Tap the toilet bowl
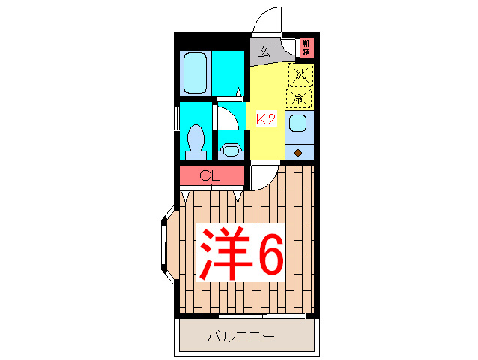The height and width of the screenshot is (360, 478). coord(196,140)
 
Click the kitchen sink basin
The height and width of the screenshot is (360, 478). coord(297,124)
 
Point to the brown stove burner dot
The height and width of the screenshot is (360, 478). coord(298,152)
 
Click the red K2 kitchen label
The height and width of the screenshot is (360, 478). coord(267,118)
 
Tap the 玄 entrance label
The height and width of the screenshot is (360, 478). coord(264,51)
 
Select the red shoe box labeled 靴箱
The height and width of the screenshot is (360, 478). coord(306,48)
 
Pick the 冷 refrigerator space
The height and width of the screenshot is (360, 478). coord(299,97)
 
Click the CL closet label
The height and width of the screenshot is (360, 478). coord(211,177)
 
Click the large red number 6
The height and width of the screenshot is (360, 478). coord(270,253)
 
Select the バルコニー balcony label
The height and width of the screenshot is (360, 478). coord(240,337)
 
